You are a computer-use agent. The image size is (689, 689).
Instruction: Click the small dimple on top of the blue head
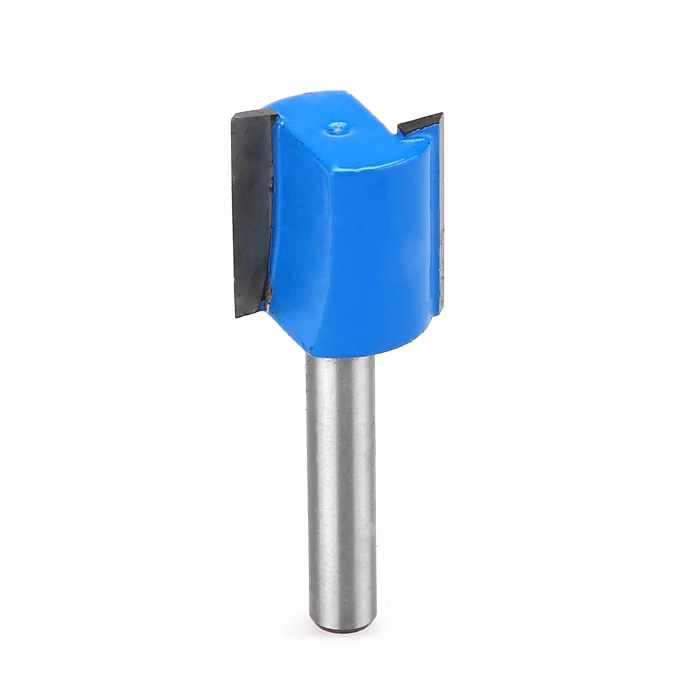click(338, 127)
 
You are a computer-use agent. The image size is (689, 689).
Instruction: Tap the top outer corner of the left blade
click(234, 115)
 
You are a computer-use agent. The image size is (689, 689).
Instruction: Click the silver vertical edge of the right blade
click(440, 214)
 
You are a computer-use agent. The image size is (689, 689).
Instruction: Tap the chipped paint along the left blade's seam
click(274, 179)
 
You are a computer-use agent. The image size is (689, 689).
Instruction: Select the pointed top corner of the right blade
click(440, 114)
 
